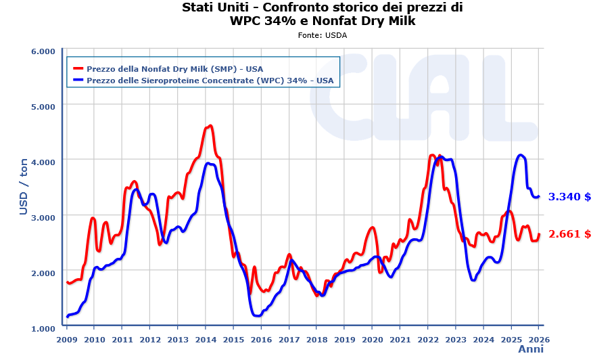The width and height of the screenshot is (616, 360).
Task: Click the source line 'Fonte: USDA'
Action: point(322,35)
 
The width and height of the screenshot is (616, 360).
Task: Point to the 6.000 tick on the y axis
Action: point(43,51)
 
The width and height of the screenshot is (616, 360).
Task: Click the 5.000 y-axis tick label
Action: point(43,106)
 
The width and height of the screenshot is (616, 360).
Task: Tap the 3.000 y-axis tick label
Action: point(43,217)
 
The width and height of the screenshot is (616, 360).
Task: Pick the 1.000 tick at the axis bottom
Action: point(43,328)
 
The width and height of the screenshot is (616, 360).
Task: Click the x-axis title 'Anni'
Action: point(530,349)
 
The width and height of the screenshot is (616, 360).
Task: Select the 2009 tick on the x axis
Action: point(67,339)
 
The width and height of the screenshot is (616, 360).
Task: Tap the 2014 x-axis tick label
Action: point(206,339)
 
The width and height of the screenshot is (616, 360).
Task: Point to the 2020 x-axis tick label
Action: point(372,339)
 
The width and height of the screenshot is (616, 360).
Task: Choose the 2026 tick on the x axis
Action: point(538,339)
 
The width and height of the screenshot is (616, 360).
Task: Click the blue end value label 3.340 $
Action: point(569,197)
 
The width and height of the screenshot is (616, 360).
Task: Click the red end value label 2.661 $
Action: point(569,234)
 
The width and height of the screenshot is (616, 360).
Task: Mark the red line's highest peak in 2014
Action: point(210,126)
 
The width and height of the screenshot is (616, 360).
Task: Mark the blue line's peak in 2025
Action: point(520,155)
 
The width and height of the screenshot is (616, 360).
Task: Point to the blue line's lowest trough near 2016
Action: point(257,315)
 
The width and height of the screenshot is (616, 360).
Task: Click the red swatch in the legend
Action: point(78,69)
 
